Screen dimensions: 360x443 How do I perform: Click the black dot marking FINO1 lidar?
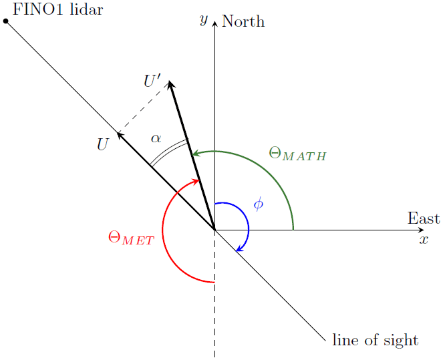click(x=6, y=21)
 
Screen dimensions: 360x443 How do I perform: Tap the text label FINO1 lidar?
click(x=57, y=10)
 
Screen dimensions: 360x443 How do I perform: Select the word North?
click(x=243, y=21)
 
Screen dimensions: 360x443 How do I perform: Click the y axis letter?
click(x=204, y=20)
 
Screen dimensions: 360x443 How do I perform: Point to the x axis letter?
click(x=423, y=239)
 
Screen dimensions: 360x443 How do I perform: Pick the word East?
click(x=424, y=218)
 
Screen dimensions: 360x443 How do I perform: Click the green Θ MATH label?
click(x=297, y=154)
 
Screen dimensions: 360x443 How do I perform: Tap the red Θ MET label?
click(x=130, y=238)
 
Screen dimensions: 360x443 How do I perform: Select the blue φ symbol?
click(x=259, y=203)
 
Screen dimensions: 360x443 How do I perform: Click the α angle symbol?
click(x=156, y=138)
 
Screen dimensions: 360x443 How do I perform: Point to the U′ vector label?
click(x=152, y=81)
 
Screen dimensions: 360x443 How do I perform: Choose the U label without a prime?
click(x=102, y=144)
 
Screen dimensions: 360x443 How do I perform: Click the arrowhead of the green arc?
click(x=195, y=154)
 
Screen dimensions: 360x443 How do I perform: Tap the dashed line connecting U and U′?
click(x=144, y=108)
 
